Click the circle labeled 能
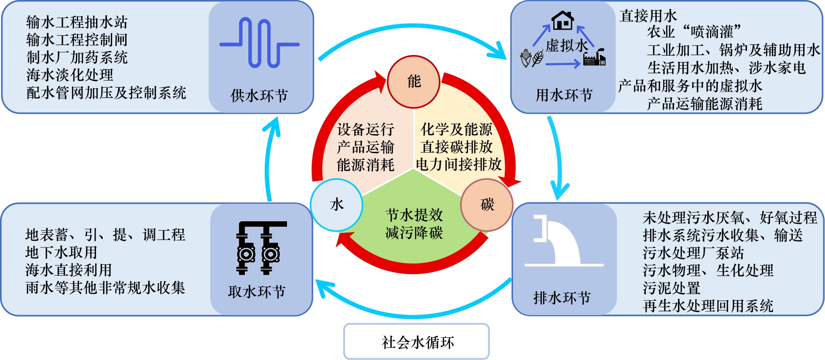click(x=414, y=82)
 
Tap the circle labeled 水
click(x=336, y=205)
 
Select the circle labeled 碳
click(x=487, y=205)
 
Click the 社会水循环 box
click(x=417, y=342)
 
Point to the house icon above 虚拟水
click(x=562, y=21)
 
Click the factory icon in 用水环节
click(x=594, y=57)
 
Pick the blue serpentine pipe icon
click(x=260, y=43)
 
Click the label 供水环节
click(x=259, y=96)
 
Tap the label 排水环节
click(x=562, y=298)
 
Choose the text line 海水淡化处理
click(x=70, y=75)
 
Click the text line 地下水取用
click(x=61, y=252)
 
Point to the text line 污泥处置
click(x=671, y=288)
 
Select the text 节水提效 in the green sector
click(x=414, y=215)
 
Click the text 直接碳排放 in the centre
click(x=457, y=147)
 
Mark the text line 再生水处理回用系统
click(x=708, y=306)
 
